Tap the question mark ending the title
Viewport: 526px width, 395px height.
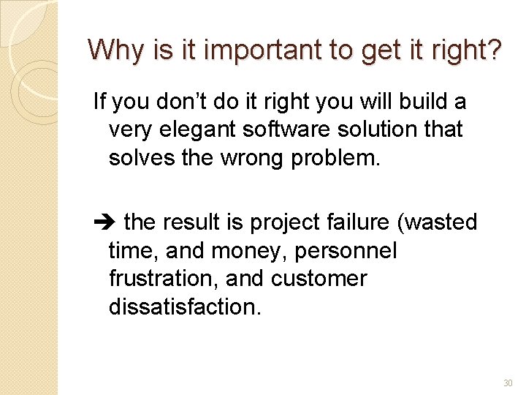[495, 50]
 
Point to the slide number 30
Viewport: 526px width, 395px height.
[508, 383]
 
